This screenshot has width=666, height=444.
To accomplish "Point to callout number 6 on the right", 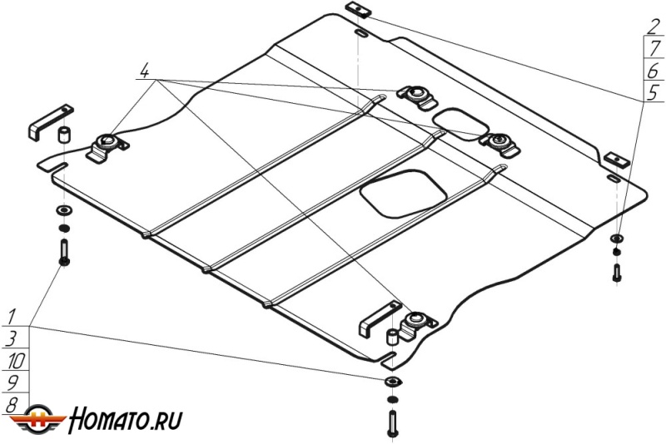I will click(x=654, y=72).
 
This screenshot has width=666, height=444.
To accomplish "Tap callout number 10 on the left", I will click(x=15, y=361).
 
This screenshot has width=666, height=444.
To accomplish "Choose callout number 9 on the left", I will click(x=12, y=383).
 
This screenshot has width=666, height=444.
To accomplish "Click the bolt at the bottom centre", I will click(x=392, y=424).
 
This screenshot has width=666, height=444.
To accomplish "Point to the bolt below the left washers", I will click(x=64, y=252).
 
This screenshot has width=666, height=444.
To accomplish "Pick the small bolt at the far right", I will click(x=617, y=272).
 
